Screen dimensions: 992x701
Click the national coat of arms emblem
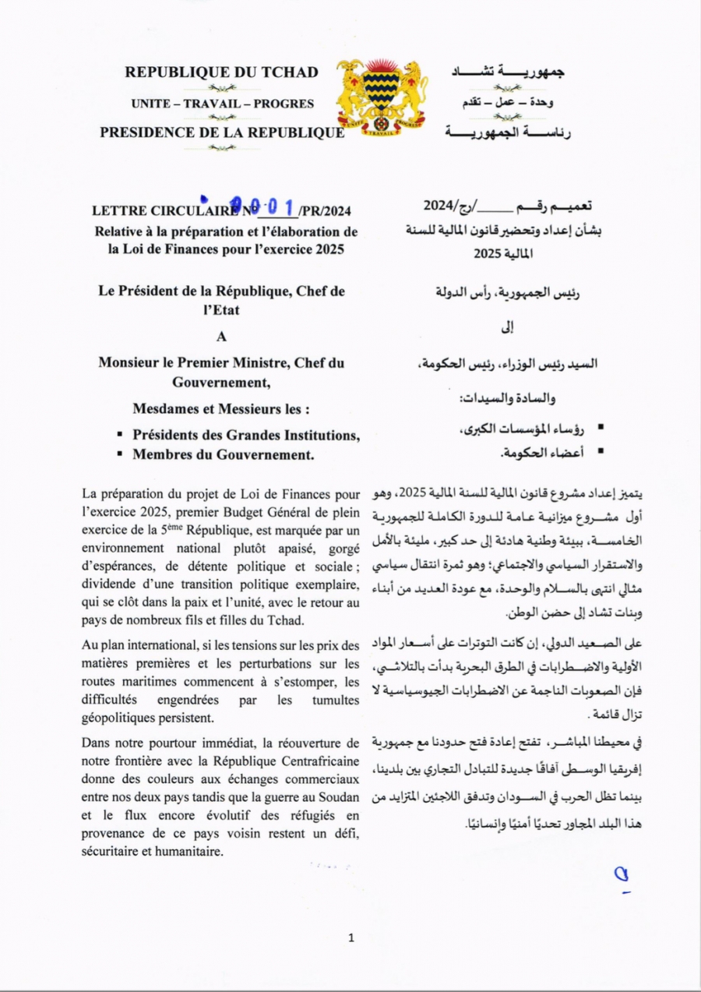382,95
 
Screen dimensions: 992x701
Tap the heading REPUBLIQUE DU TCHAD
222,72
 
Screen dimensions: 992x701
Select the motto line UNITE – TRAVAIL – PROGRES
222,104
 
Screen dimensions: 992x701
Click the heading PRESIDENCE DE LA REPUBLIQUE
222,132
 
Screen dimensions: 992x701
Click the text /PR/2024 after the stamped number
325,210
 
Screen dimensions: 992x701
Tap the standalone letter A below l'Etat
221,337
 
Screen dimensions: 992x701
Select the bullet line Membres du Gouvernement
223,455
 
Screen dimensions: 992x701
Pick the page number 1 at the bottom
351,938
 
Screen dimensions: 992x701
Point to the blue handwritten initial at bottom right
622,876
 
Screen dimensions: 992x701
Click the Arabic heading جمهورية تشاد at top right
509,72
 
